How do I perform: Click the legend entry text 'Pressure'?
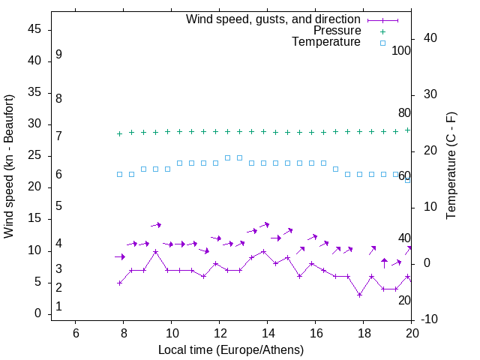(x=337, y=31)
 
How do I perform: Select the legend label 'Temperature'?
(x=326, y=43)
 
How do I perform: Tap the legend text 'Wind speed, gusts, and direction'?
(x=274, y=19)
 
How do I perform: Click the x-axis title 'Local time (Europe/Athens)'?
(x=231, y=350)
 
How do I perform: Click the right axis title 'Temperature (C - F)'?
(x=451, y=166)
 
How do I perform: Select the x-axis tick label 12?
(x=219, y=333)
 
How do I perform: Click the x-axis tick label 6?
(x=75, y=333)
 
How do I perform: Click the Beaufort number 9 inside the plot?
(x=58, y=55)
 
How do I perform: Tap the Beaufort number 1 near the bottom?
(x=58, y=307)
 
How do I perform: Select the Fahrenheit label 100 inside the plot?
(x=401, y=51)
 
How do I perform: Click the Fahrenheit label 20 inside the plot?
(x=404, y=300)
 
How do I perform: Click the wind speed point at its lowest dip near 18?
(x=360, y=295)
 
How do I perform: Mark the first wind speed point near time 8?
(x=120, y=283)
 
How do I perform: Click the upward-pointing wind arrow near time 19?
(x=384, y=262)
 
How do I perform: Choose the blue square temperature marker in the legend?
(x=382, y=43)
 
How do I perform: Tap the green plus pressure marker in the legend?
(x=382, y=31)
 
